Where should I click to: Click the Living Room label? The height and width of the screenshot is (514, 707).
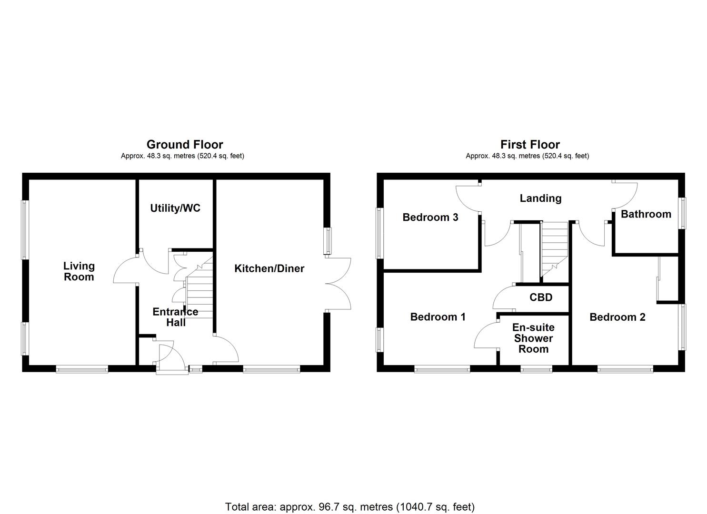point(79,271)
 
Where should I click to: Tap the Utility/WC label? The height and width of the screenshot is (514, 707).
point(175,208)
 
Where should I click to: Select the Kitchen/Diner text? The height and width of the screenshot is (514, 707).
point(269,268)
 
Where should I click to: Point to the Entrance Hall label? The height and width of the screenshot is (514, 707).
point(175,317)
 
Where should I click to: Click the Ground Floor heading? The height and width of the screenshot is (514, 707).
point(185,144)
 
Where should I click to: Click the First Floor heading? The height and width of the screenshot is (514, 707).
point(530,144)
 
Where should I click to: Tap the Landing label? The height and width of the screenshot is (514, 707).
point(540,198)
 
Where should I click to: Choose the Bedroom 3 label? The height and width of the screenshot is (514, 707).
point(430,217)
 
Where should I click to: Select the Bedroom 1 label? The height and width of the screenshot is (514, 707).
point(438,317)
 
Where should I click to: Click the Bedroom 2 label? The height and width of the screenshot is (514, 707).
point(617,317)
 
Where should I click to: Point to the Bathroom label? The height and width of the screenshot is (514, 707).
point(646,214)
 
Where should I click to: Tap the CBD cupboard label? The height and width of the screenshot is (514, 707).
point(541,297)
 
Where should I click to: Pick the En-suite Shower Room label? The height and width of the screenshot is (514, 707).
point(533,338)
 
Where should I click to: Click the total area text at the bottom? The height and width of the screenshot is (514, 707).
point(350,507)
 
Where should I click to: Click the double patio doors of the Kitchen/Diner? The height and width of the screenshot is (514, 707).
point(339,284)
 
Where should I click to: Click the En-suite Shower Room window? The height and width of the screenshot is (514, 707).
point(537,368)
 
